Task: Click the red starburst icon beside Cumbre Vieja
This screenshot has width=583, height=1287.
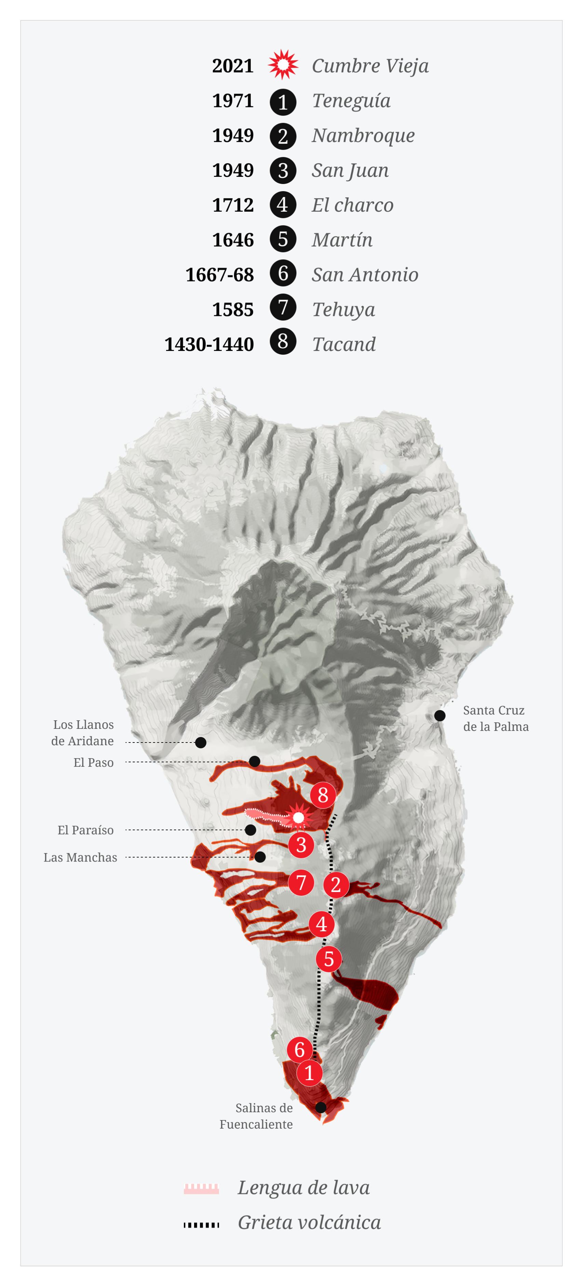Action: click(283, 65)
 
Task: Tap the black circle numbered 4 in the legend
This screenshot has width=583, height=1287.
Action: click(283, 205)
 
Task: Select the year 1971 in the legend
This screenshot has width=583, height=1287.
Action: click(233, 101)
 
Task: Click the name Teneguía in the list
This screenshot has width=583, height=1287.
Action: click(351, 101)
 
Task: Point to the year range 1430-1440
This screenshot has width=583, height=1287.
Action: click(209, 344)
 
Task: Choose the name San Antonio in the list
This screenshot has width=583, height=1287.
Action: click(365, 274)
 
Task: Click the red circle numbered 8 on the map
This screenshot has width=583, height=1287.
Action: click(323, 794)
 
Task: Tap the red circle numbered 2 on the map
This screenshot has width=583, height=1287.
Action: click(336, 885)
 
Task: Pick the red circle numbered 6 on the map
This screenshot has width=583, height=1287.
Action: click(299, 1049)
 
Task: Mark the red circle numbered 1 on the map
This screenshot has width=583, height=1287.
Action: click(309, 1073)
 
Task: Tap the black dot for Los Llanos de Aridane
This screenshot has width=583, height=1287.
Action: click(201, 743)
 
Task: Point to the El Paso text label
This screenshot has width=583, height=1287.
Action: click(93, 762)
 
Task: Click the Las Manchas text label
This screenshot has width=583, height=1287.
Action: click(80, 857)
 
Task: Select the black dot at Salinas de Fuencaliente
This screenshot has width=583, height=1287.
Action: click(321, 1107)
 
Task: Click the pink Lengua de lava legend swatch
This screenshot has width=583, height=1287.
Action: click(201, 1188)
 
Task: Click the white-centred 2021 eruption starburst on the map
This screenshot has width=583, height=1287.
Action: click(298, 818)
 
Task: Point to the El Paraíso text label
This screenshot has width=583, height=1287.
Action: click(85, 830)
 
